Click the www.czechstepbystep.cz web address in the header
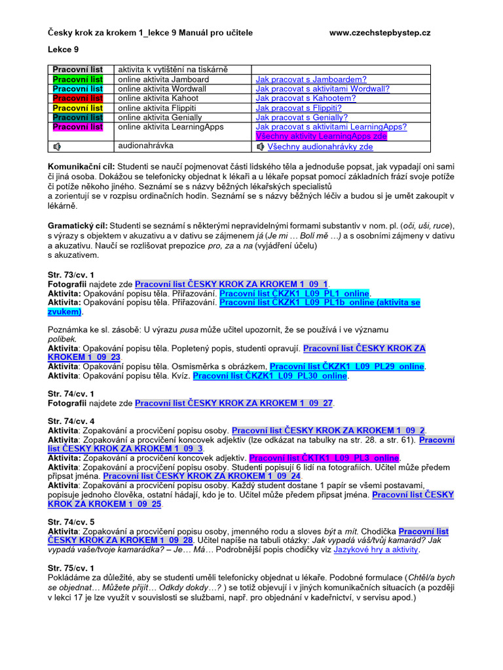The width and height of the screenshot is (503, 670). point(379,33)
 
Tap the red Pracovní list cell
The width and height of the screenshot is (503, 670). point(78,98)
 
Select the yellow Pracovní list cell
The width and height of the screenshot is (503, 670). point(78,108)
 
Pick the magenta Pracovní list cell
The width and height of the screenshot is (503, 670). point(78,127)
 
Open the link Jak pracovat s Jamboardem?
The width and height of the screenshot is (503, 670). point(302,79)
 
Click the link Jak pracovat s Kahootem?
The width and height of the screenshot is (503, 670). point(306,98)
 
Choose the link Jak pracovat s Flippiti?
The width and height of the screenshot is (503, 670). point(299,108)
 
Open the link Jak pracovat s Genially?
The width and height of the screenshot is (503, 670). point(301,117)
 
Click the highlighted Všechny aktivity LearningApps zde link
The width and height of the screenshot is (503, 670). point(322,136)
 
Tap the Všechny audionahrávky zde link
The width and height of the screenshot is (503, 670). point(320,147)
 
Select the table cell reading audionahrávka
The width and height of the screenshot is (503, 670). point(143,146)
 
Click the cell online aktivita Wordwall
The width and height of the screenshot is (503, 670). point(157,89)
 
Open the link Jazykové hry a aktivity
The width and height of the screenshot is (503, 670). point(376,550)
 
